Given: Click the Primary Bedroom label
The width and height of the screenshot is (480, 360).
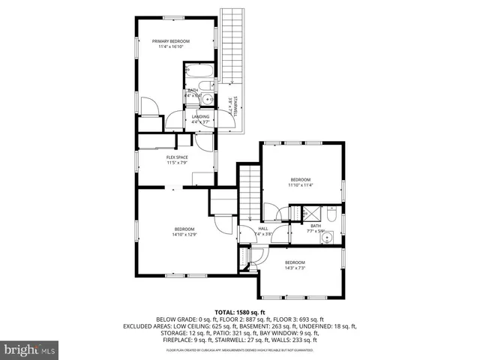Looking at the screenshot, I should click(171, 40).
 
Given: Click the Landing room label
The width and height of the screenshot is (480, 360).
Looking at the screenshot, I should click(200, 117).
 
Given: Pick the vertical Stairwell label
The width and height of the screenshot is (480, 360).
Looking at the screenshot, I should click(235, 106).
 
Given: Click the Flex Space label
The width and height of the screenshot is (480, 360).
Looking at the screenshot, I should click(176, 157).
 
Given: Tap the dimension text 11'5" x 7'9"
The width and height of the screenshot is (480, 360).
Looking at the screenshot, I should click(176, 163).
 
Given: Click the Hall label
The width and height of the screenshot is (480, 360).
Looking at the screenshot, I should click(263, 229).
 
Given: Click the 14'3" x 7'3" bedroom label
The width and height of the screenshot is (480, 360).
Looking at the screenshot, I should click(295, 265).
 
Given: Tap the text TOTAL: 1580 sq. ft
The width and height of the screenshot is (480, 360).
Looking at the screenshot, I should click(240, 311).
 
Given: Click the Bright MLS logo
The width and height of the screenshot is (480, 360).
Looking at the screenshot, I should click(29, 349).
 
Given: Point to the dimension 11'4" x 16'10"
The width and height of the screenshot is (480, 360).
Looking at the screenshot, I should click(171, 46).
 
